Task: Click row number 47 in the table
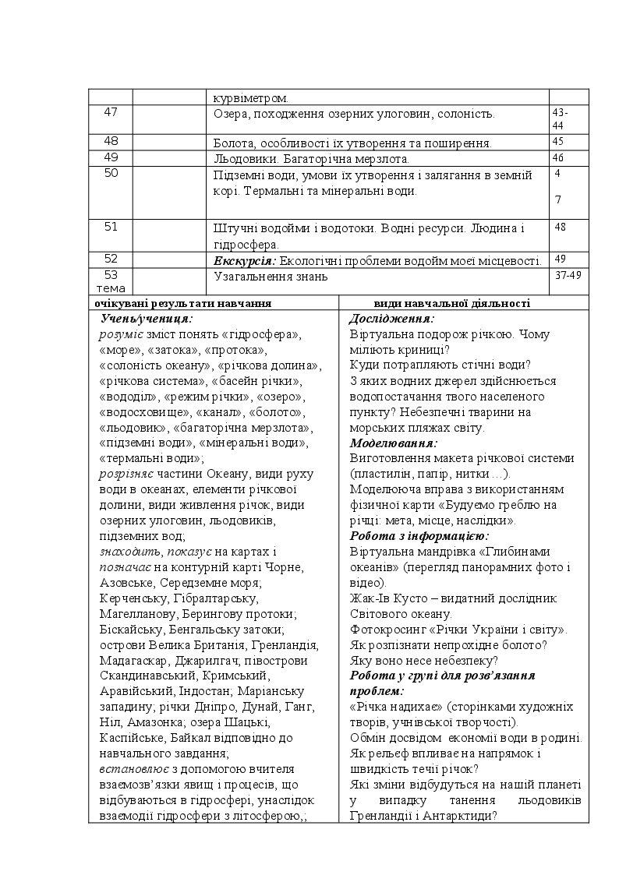pos(111,112)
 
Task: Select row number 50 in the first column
pos(111,174)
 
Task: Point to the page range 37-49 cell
pos(568,275)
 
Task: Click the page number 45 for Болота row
pos(557,142)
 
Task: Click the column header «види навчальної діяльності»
pos(452,303)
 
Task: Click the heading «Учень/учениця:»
pos(147,319)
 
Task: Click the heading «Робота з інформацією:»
pos(419,536)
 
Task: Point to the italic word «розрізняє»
pos(126,474)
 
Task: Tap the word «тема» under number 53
pos(111,289)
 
